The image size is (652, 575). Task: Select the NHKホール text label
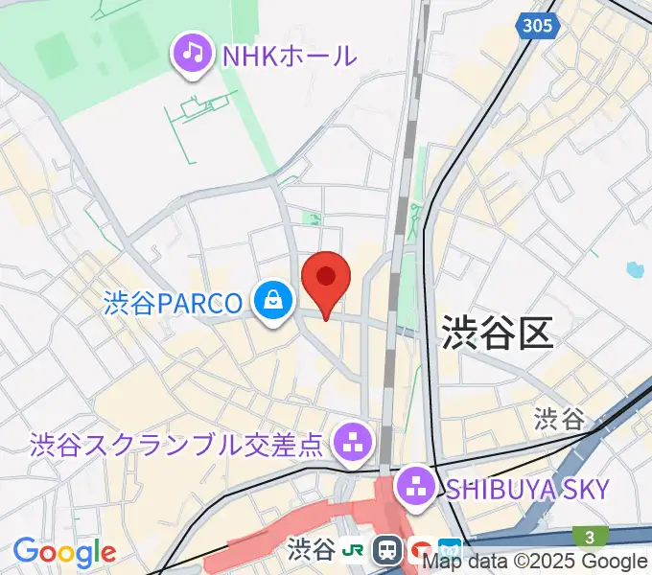289,56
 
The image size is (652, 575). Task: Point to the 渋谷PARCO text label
174,305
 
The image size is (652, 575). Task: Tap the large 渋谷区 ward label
498,333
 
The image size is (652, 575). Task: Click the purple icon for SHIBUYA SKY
418,486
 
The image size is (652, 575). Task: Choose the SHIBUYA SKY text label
527,489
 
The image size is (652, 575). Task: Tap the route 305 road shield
538,25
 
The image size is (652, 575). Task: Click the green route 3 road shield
586,537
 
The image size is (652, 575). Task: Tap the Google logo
64,552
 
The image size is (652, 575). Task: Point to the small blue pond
634,270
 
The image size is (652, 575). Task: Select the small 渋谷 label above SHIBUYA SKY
560,418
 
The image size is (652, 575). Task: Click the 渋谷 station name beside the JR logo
314,549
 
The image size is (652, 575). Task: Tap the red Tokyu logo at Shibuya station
420,551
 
